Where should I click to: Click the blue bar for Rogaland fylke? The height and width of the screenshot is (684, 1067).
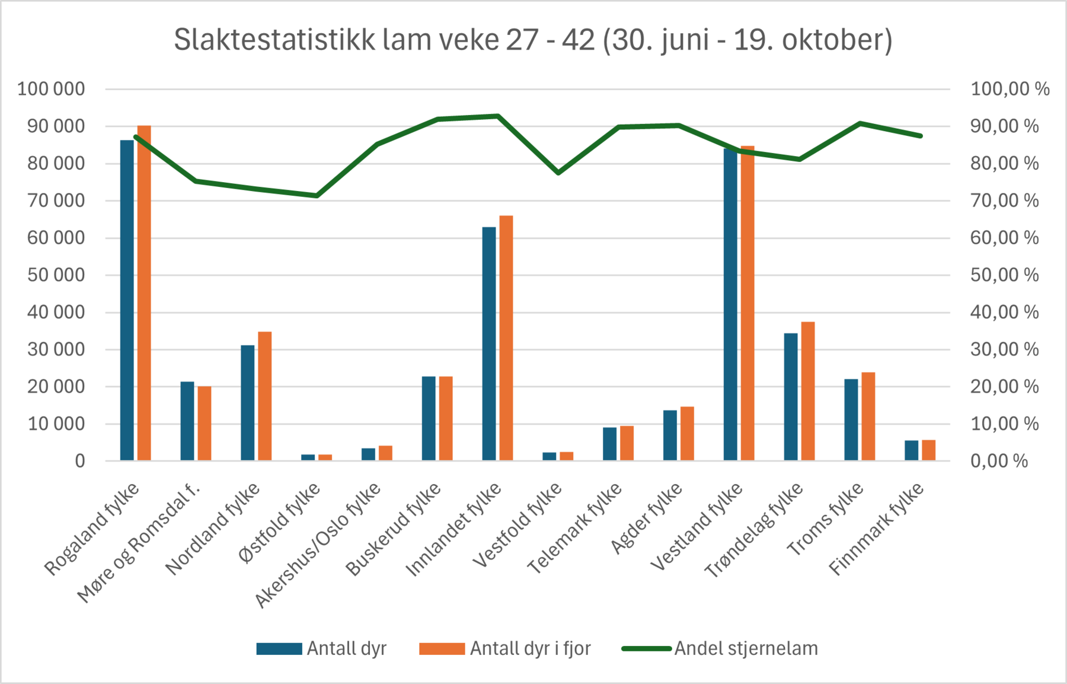(x=127, y=300)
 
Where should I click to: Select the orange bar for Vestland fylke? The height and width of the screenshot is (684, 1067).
(x=747, y=303)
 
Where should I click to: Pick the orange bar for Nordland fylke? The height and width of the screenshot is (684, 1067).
(x=264, y=396)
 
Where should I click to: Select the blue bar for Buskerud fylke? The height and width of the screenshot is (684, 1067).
(x=429, y=419)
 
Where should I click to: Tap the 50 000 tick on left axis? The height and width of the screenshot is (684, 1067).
(x=56, y=275)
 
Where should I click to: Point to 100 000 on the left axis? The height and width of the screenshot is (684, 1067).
(x=51, y=89)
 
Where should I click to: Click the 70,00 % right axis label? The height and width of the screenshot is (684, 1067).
(x=1004, y=201)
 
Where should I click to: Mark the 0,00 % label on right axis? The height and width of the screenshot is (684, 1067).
(x=999, y=461)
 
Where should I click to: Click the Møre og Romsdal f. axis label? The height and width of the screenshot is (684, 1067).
(x=139, y=543)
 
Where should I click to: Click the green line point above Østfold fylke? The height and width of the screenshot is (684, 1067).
(x=317, y=195)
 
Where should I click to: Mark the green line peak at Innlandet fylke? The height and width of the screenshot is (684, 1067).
(x=498, y=116)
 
